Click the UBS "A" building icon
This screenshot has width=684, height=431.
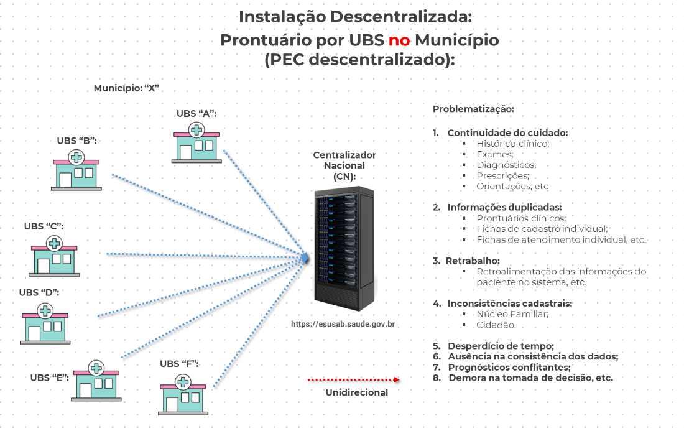coord(196,142)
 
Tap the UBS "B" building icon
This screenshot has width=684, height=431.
coord(76,169)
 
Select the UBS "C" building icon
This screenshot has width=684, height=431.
coord(55,255)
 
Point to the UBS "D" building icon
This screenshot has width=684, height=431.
coord(45,323)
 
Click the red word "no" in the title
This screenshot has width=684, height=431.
coord(399,40)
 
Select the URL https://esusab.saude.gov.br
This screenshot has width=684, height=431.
coord(343,324)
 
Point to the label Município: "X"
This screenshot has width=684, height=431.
coord(127,88)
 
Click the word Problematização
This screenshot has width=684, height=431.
coord(473,109)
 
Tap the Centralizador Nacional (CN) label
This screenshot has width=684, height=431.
coord(344,165)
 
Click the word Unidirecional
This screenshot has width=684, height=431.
coord(357,392)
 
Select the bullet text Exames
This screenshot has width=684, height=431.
coord(495,154)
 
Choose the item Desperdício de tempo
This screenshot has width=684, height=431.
coord(501,346)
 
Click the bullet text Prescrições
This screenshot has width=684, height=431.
coord(502,175)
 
